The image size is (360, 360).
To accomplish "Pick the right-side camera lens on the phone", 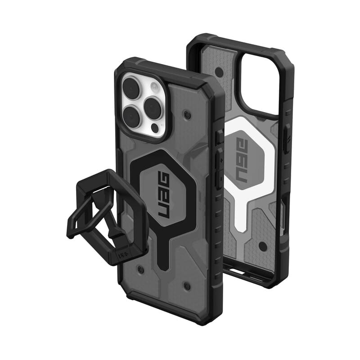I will [154, 107].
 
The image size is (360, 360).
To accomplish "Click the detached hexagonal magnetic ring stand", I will [106, 211].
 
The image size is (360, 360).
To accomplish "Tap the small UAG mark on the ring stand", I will [122, 255].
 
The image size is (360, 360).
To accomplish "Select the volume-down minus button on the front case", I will [218, 179].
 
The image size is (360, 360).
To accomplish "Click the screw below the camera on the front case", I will [187, 115].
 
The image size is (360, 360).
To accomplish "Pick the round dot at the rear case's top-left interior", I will [219, 72].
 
